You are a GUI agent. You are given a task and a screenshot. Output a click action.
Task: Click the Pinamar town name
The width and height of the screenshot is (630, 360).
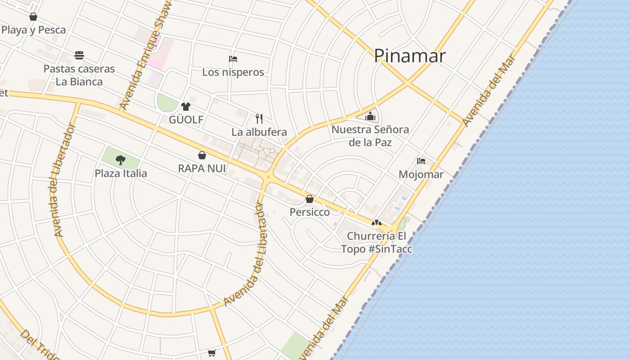click(x=409, y=56)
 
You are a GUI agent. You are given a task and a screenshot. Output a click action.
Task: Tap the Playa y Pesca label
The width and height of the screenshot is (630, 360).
click(x=34, y=30)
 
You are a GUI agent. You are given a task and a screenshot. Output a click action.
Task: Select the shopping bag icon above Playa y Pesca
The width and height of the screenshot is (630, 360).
click(x=33, y=17)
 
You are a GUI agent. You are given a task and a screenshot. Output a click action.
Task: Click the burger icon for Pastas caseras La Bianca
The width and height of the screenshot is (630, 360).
click(x=79, y=55)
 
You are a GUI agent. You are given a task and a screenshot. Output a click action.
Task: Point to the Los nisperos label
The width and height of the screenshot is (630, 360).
click(x=233, y=72)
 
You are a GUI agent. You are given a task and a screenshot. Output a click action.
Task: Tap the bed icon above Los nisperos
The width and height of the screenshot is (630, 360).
click(x=233, y=59)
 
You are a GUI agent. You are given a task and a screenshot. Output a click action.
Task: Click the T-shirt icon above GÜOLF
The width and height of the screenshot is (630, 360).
click(x=185, y=107)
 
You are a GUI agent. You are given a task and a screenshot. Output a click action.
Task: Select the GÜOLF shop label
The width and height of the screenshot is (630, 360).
click(x=186, y=120)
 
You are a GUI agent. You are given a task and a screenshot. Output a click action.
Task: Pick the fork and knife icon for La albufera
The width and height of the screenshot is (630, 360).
click(x=259, y=119)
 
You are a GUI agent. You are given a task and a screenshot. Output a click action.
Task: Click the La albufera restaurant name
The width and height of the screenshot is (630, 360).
click(x=259, y=132)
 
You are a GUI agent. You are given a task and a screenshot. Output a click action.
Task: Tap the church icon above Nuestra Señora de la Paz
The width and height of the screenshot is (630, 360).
click(x=370, y=117)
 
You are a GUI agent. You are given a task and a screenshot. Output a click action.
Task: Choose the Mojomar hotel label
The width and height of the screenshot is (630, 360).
click(x=421, y=174)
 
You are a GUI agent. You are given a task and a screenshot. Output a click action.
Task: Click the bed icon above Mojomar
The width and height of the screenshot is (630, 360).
click(x=421, y=161)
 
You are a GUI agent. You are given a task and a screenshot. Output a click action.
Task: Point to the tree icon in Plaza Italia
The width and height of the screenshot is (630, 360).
click(x=120, y=160)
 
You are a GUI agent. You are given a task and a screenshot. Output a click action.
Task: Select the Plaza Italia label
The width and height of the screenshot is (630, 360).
click(x=121, y=173)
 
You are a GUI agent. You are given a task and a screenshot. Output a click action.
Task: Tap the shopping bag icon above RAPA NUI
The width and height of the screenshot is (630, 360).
click(x=202, y=155)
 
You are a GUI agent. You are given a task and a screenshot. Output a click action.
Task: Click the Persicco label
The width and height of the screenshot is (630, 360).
click(x=310, y=212)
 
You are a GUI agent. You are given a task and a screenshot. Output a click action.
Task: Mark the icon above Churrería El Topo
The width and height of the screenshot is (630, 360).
click(x=376, y=223)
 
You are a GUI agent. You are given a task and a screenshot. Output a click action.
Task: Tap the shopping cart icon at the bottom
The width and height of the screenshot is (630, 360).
click(x=212, y=353)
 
